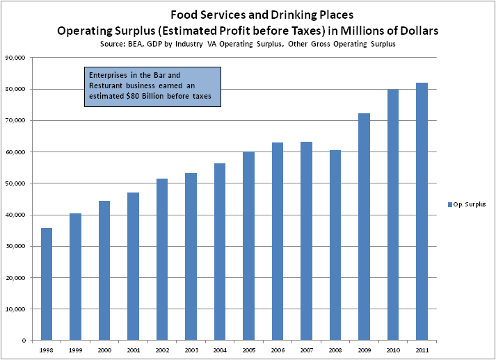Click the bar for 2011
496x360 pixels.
point(422,211)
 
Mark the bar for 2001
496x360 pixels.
point(134,266)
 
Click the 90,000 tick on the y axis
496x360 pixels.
point(15,58)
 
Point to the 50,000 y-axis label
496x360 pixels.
point(15,183)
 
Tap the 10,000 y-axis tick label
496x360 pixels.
point(15,309)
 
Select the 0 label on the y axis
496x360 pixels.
point(23,341)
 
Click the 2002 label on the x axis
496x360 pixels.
point(162,350)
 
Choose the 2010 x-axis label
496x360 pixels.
point(393,350)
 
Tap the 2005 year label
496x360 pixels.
point(248,350)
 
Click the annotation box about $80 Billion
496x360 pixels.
point(152,87)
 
